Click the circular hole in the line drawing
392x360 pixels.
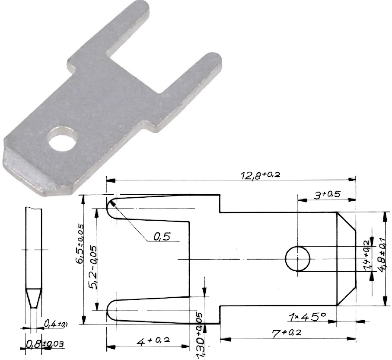(297, 259)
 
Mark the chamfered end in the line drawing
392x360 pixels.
(346, 258)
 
